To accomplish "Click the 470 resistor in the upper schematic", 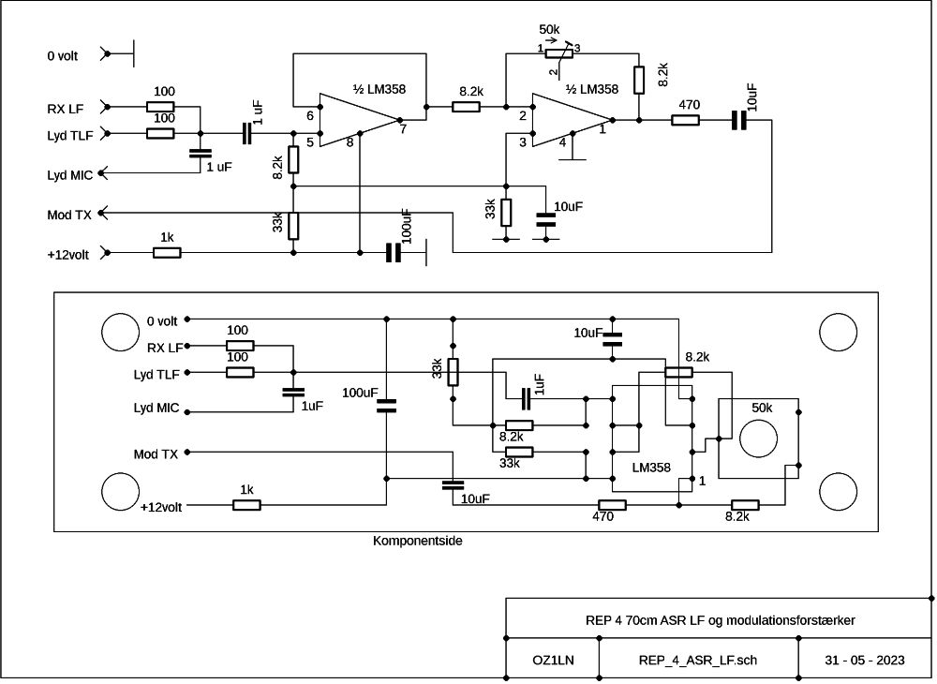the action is click(x=686, y=120).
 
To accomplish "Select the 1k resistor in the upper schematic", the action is click(x=167, y=253).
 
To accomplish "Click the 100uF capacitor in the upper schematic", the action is click(x=393, y=253).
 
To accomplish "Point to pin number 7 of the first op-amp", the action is click(x=403, y=129).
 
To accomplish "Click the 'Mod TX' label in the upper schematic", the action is click(x=69, y=216).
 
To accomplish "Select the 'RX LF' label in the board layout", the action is click(x=165, y=348).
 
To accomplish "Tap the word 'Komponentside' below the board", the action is click(x=417, y=541).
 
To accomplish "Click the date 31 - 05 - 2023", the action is click(x=864, y=660).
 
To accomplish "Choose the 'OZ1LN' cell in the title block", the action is click(x=553, y=660).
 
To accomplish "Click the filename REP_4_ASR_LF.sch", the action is click(x=697, y=660).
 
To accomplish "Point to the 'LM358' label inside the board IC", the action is click(x=651, y=468).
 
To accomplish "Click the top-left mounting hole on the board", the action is click(x=121, y=332).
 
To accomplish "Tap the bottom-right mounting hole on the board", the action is click(x=838, y=492).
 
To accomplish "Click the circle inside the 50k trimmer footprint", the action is click(x=758, y=439).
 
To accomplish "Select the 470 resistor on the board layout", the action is click(x=612, y=505).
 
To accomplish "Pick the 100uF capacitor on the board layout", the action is click(x=386, y=407).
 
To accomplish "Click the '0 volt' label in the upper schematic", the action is click(x=63, y=56).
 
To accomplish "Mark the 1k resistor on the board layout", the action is click(x=246, y=505).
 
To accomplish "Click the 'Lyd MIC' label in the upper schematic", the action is click(x=70, y=175).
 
